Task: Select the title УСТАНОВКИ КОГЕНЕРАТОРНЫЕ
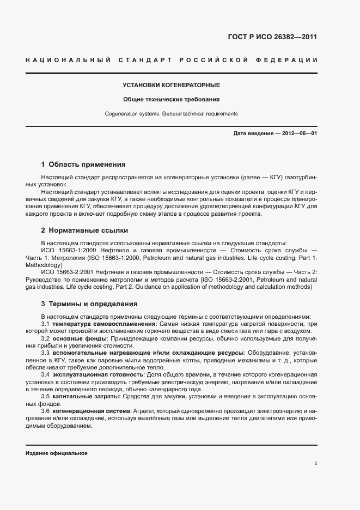pos(172,86)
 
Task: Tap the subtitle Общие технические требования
pos(172,100)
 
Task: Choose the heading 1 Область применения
pos(83,164)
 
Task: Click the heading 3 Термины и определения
pos(89,303)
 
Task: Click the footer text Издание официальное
pos(57,453)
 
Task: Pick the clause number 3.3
pos(46,353)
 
